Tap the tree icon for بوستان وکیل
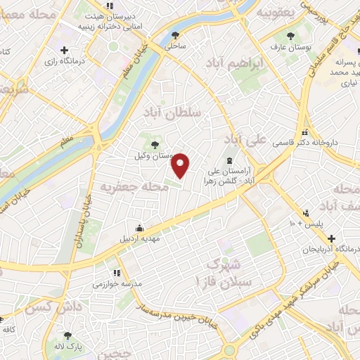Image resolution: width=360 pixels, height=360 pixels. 155,143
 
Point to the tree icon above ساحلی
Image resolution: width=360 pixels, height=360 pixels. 175,34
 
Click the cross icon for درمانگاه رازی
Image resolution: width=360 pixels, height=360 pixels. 65,50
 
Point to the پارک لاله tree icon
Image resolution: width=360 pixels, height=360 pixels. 68,335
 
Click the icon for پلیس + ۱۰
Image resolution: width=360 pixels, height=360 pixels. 305,212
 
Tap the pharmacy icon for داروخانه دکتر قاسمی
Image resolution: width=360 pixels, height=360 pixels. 304,131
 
